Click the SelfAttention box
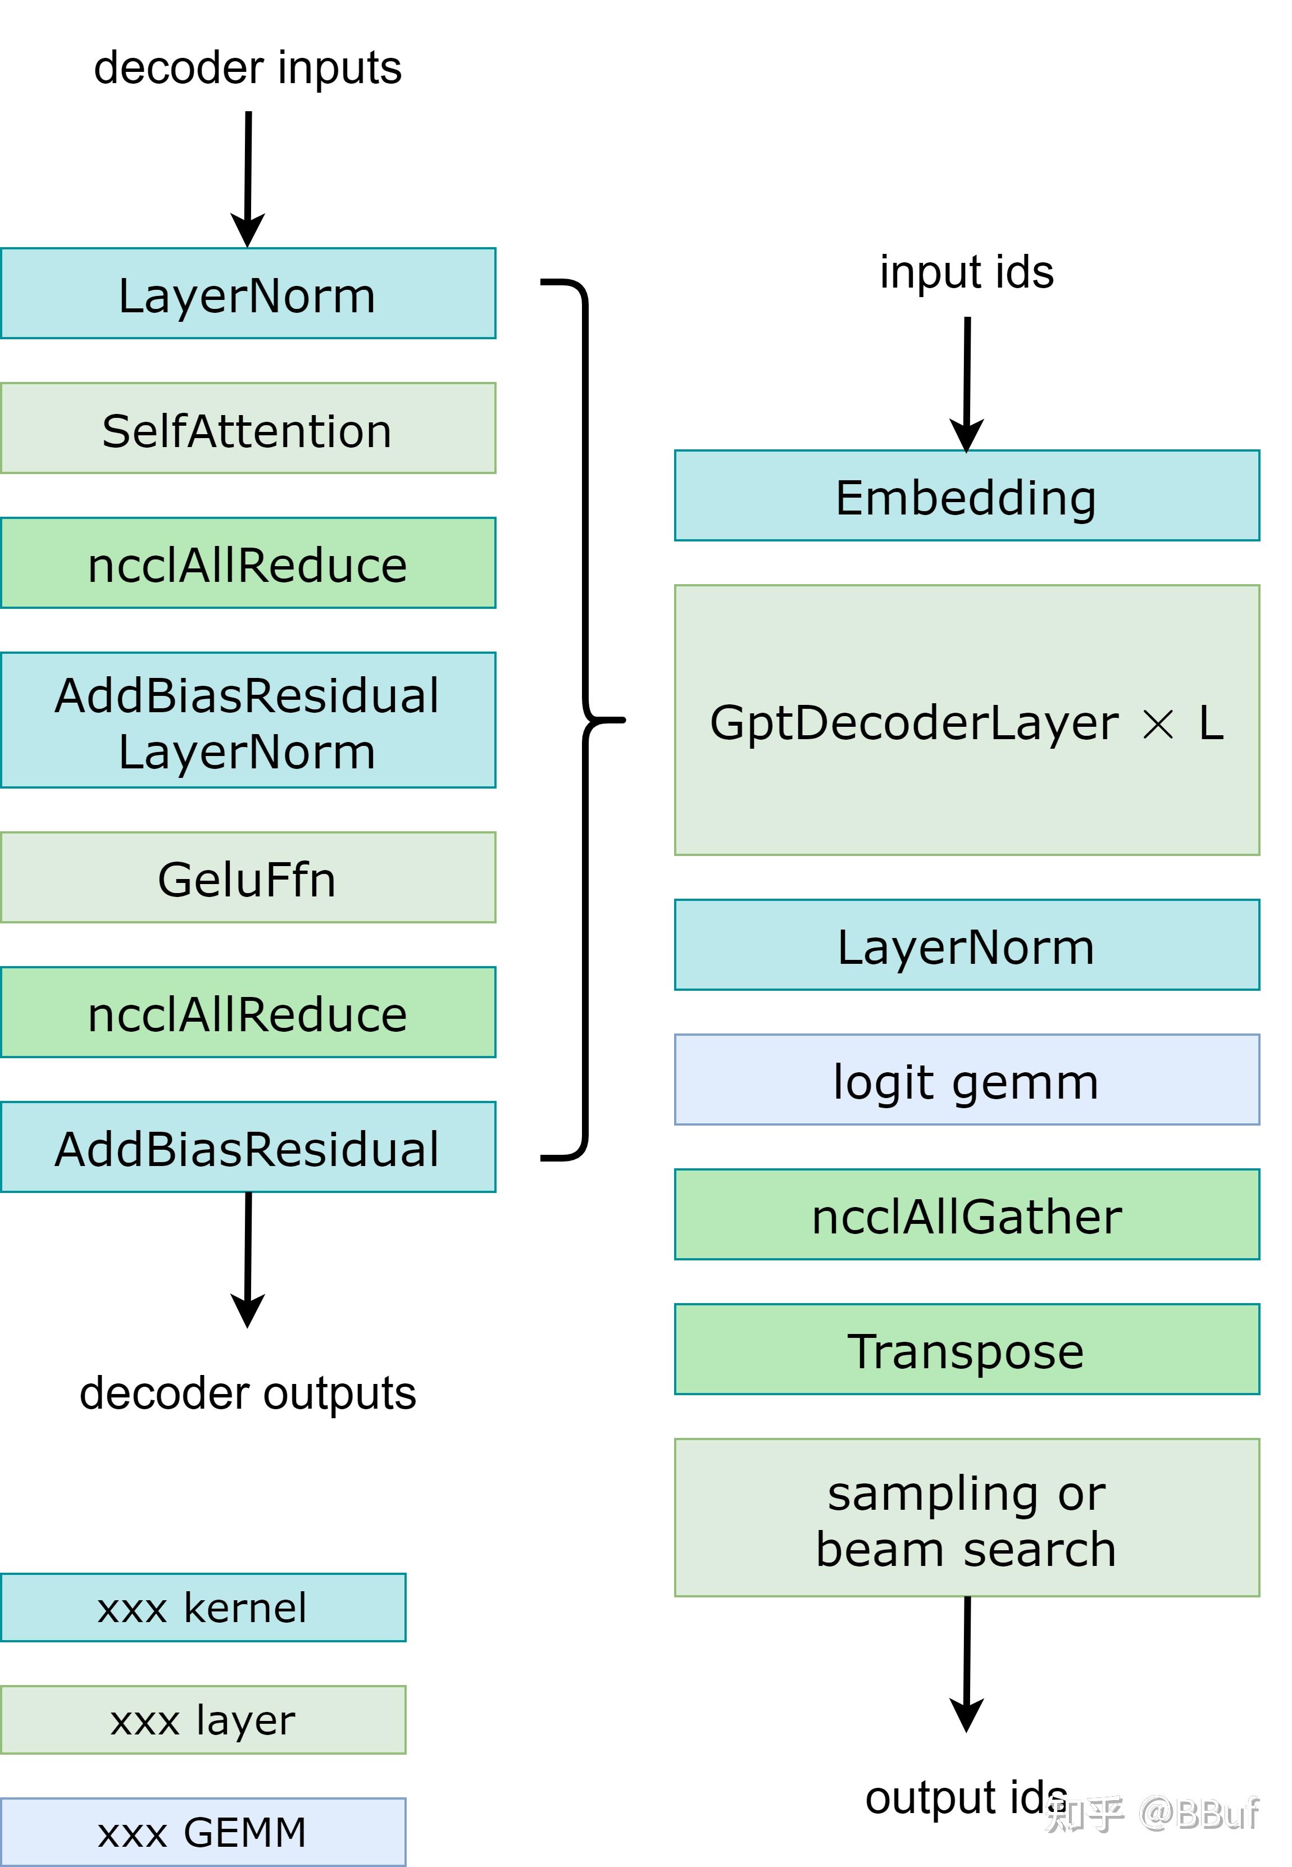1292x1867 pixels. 248,429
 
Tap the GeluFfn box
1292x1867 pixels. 248,878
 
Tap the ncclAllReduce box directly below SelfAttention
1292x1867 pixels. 248,564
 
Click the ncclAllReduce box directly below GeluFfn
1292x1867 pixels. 248,1013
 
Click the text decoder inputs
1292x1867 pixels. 248,68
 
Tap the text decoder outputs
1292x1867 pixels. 248,1393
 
